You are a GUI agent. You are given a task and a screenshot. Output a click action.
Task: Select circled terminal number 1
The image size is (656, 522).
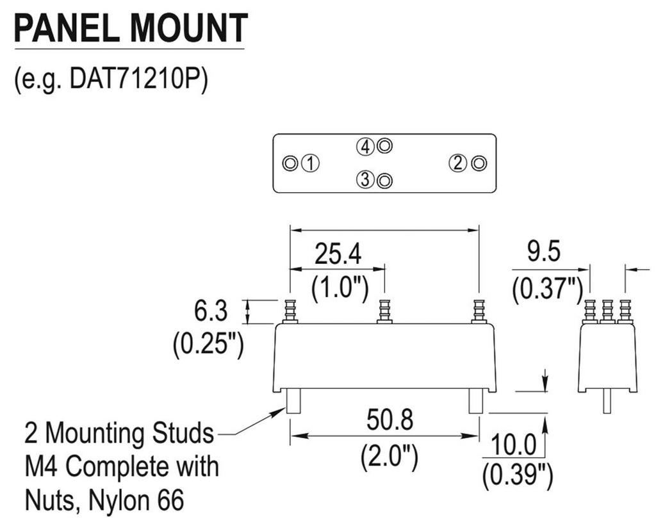311,163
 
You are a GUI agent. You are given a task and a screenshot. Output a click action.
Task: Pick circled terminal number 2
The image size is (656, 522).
457,163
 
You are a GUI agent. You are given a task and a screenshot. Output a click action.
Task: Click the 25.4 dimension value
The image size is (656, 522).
338,255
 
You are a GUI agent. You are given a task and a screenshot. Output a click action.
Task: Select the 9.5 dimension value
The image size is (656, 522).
544,252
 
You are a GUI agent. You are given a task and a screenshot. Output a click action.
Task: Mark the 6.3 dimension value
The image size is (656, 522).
211,312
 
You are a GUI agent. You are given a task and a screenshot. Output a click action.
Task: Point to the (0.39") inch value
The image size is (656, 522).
516,474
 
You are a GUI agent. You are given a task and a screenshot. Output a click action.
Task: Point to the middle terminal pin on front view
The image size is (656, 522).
384,311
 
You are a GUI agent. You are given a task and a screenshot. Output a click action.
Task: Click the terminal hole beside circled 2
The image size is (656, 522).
478,163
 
